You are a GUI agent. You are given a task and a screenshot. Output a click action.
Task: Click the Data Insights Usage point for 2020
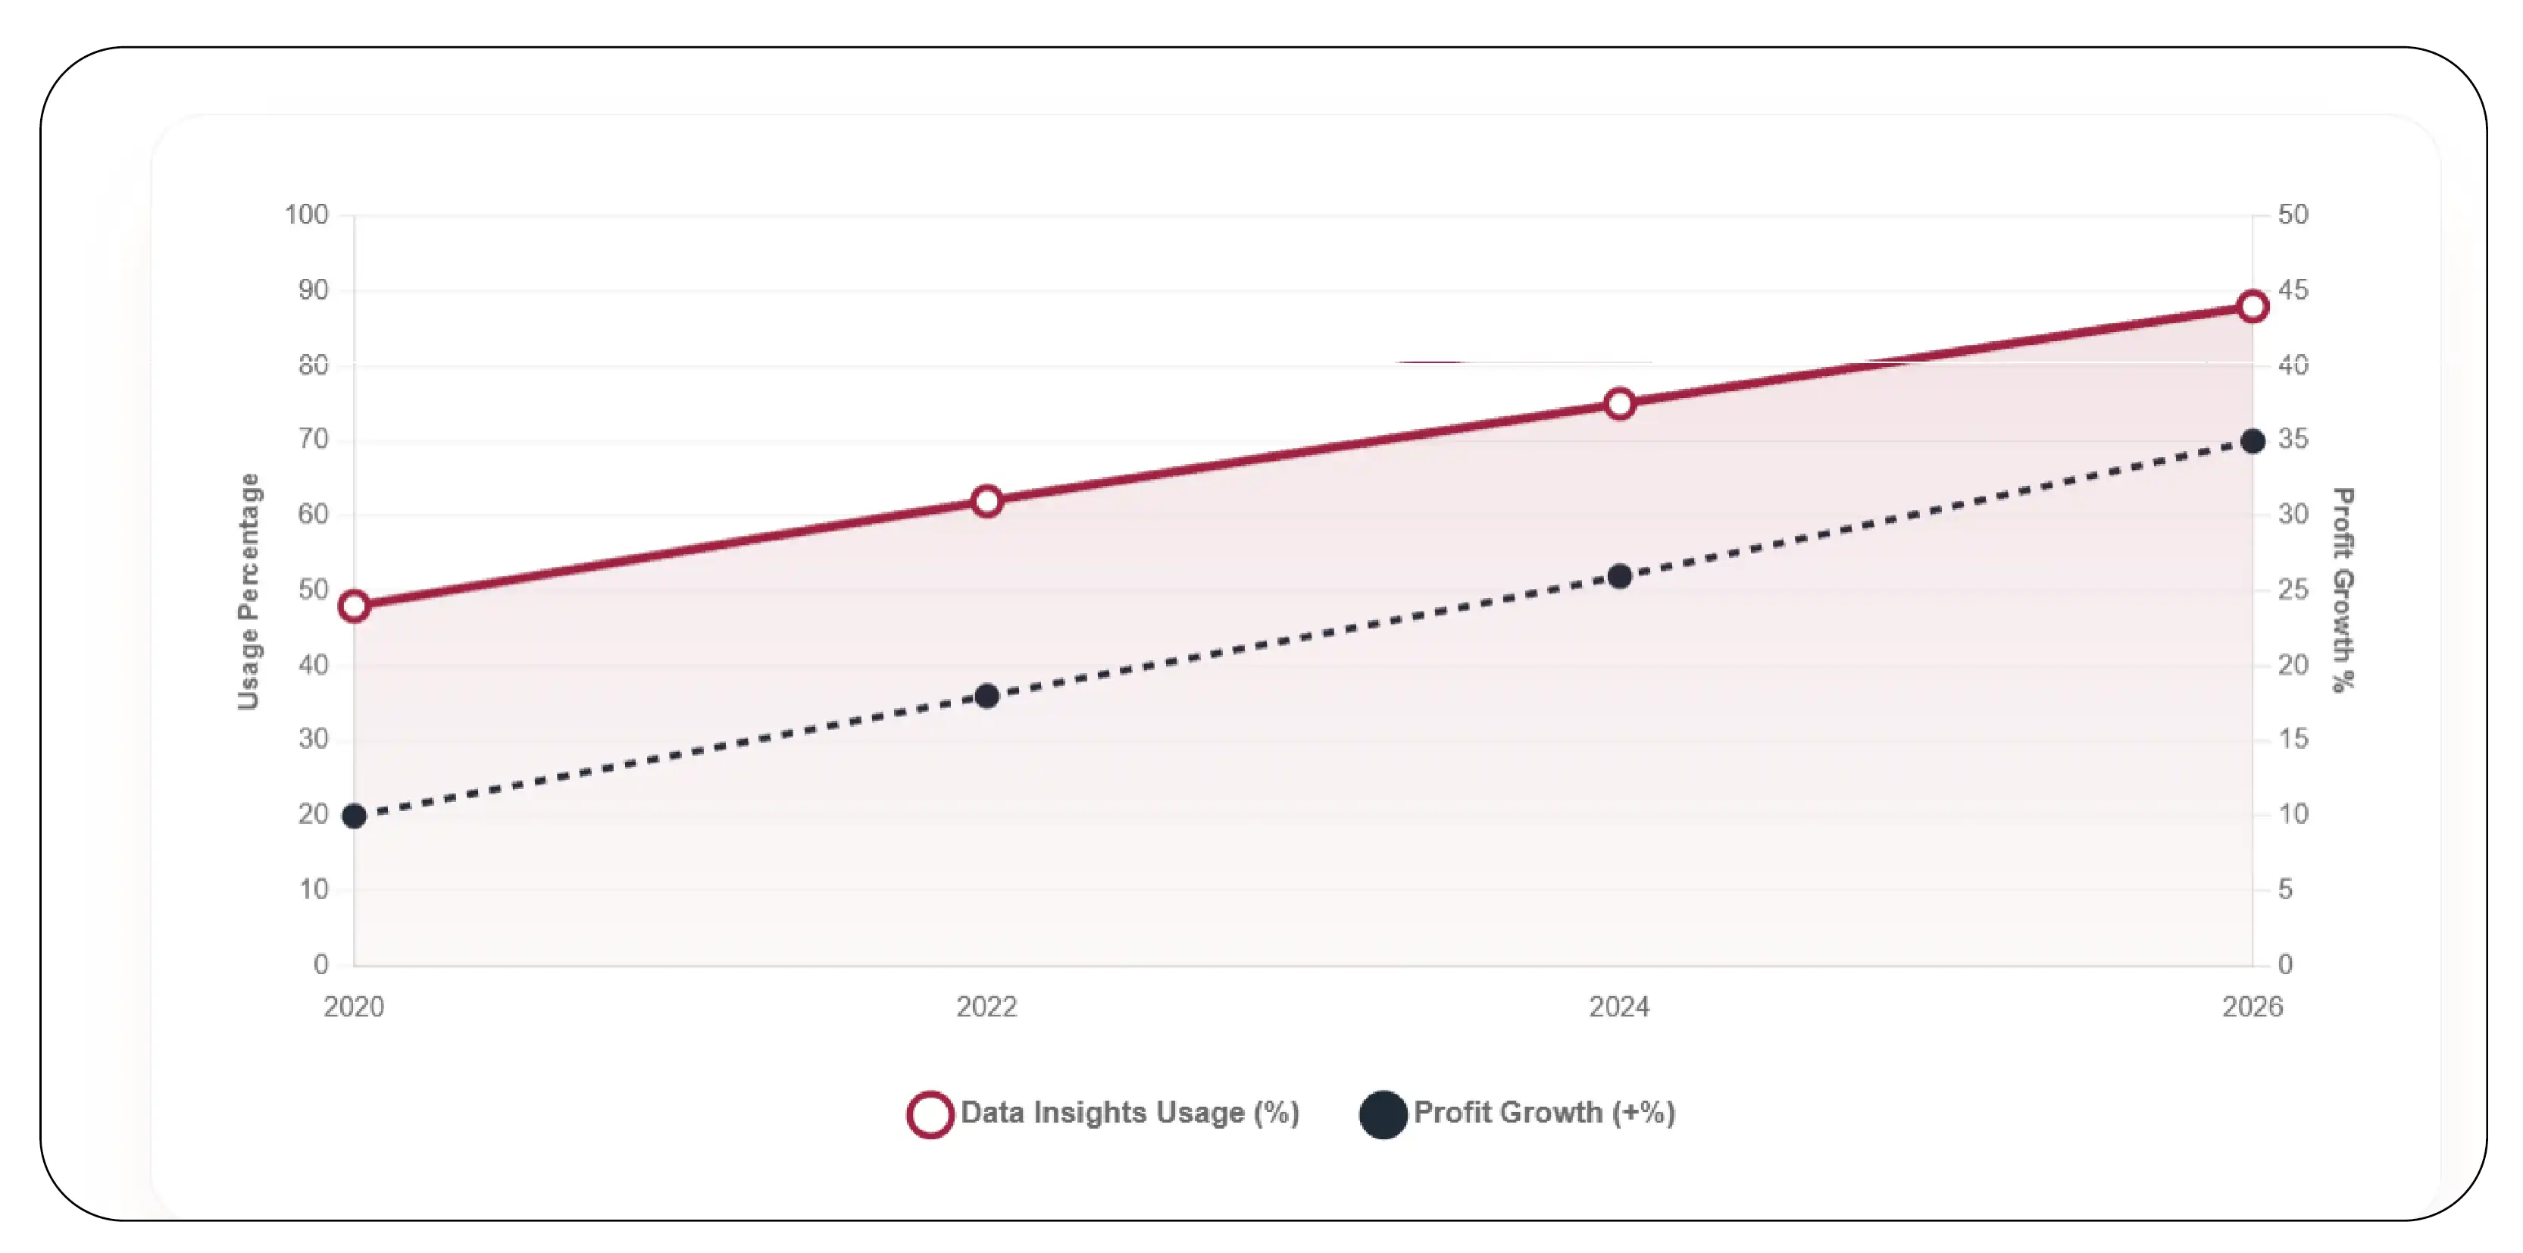point(355,606)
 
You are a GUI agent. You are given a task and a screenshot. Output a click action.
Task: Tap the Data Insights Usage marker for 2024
point(1620,403)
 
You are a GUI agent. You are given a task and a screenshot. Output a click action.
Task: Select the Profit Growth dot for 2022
point(987,697)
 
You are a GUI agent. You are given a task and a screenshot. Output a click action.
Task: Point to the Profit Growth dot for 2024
point(1620,576)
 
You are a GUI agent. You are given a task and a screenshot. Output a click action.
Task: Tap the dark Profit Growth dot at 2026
point(2253,441)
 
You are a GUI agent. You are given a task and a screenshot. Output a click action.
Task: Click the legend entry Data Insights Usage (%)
point(1104,1114)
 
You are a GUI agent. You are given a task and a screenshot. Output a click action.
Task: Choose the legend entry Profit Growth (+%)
point(1518,1114)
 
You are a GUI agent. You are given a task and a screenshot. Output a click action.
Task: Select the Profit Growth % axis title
point(2342,590)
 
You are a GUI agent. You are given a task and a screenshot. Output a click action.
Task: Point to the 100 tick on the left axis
point(307,215)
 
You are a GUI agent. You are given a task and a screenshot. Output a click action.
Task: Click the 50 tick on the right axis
point(2293,215)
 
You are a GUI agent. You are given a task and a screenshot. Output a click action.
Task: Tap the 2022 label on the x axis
point(987,1006)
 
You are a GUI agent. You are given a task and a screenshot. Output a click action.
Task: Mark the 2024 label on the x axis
point(1620,1006)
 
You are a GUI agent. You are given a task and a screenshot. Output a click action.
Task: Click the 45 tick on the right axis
point(2293,290)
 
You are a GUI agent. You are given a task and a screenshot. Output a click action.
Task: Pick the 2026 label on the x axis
point(2253,1006)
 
